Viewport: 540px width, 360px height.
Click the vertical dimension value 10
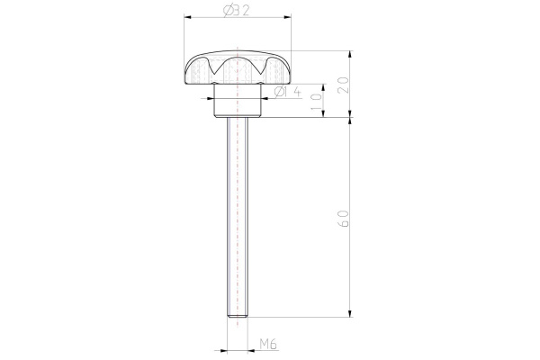(315, 100)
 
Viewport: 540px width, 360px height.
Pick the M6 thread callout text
(267, 344)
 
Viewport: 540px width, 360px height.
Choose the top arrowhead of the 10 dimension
(322, 87)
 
